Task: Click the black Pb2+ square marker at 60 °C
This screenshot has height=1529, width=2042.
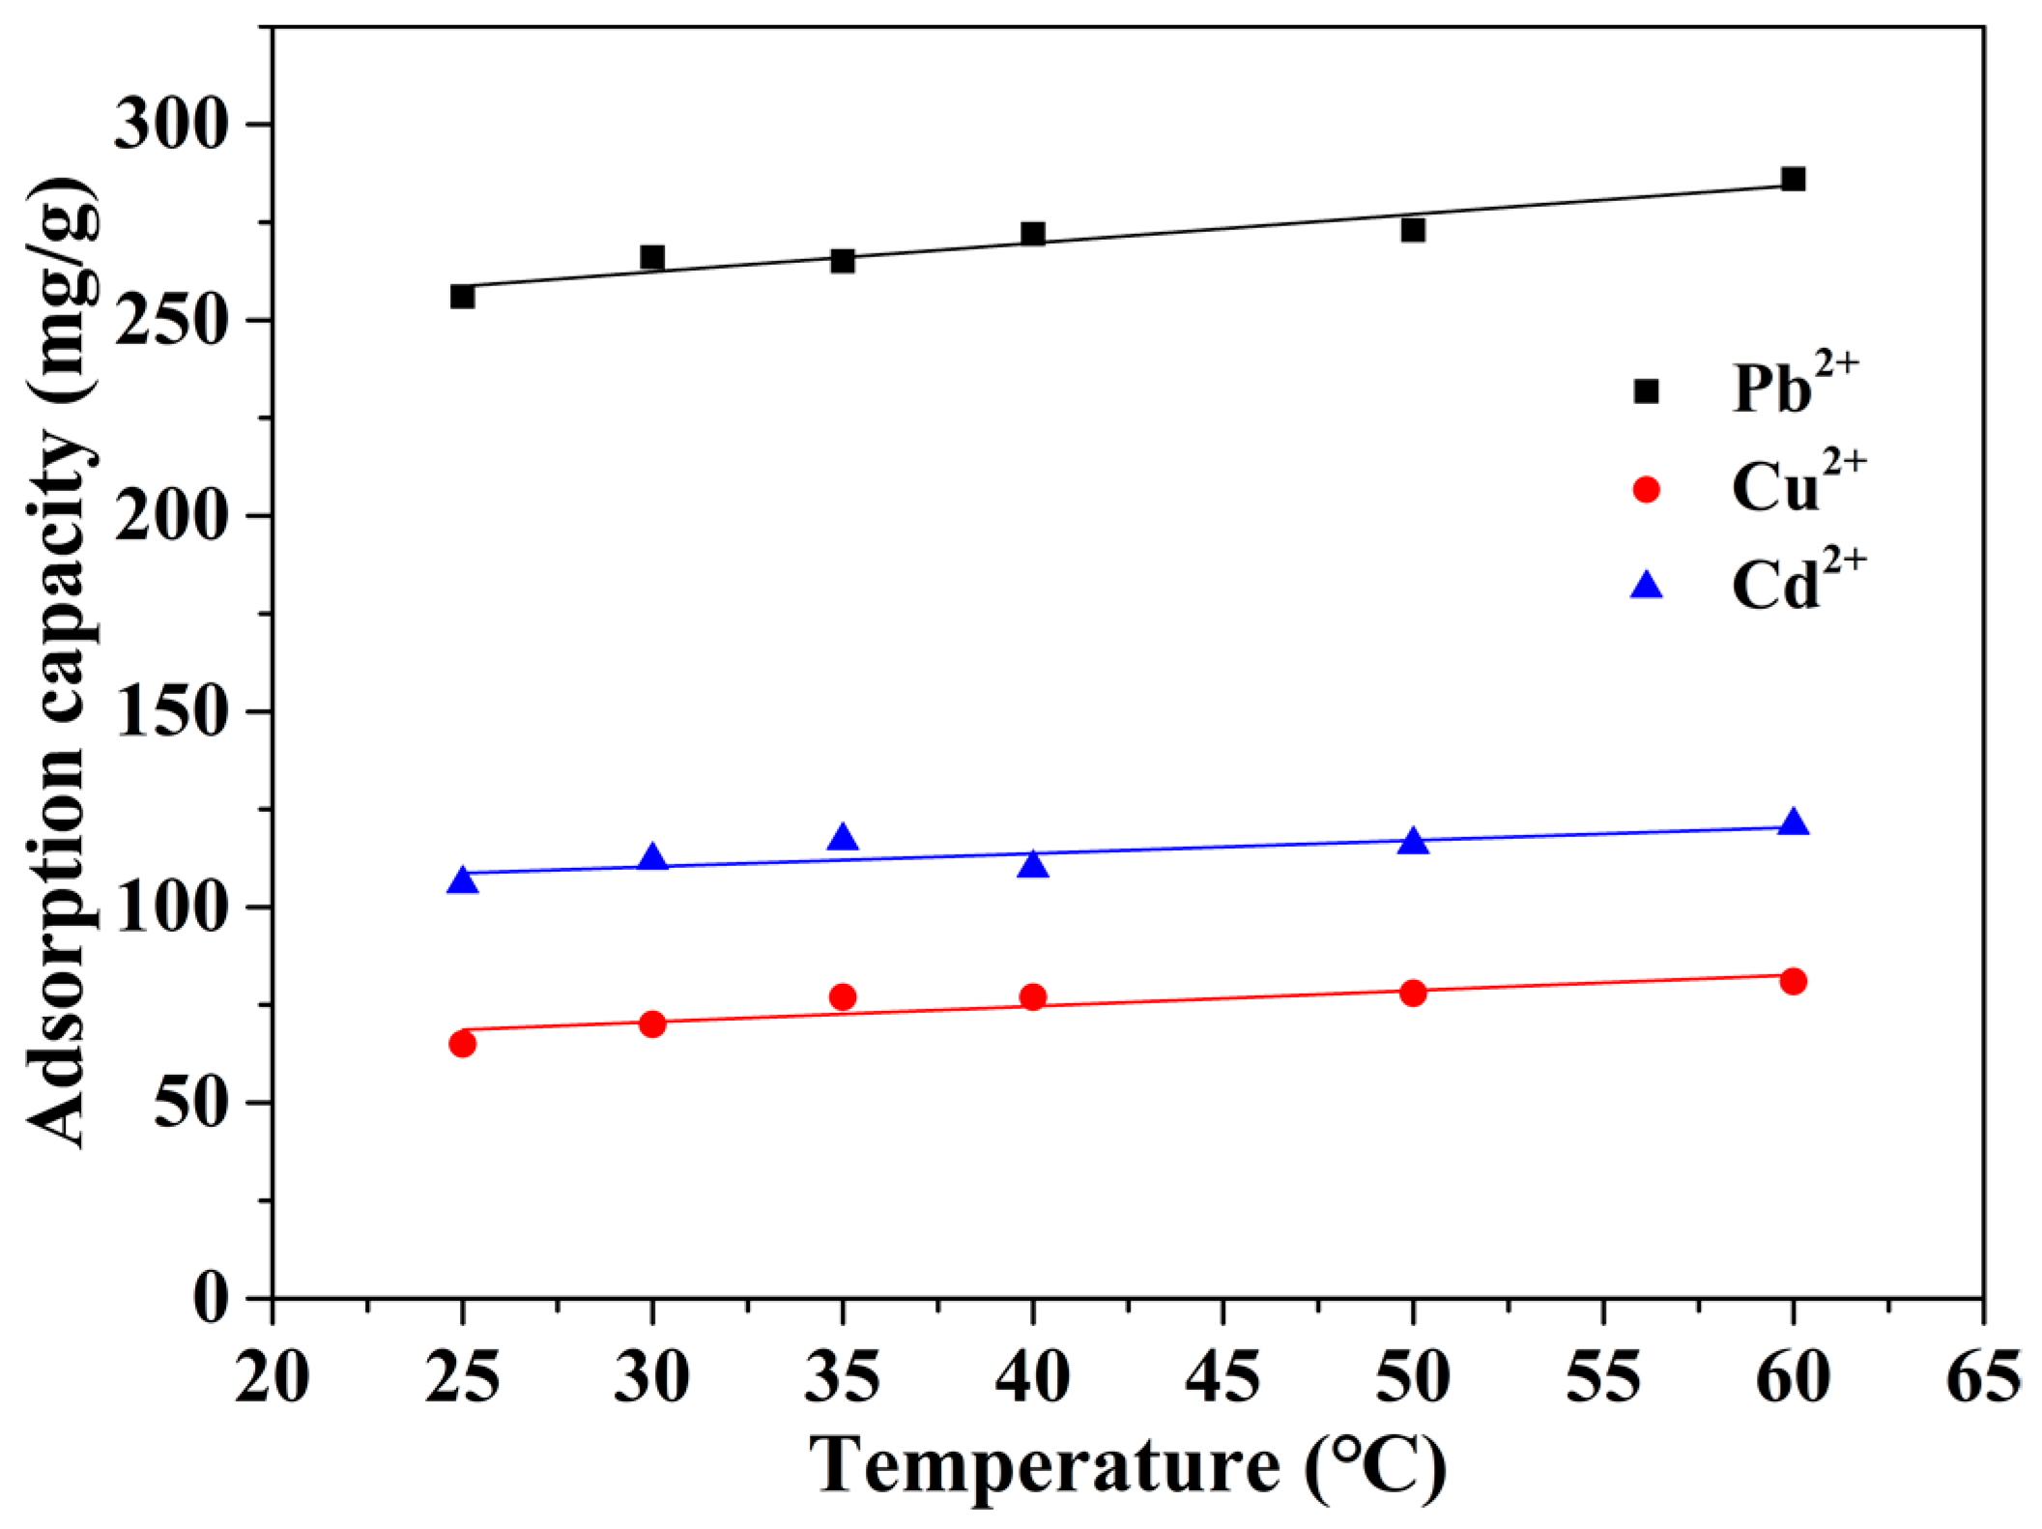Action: tap(1793, 180)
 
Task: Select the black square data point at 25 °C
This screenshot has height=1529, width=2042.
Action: tap(462, 296)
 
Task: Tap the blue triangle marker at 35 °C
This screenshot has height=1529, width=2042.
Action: tap(843, 838)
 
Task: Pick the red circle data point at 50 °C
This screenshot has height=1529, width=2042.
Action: tap(1413, 993)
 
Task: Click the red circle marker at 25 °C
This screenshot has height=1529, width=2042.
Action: tap(462, 1044)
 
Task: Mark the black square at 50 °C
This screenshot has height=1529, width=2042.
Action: tap(1413, 230)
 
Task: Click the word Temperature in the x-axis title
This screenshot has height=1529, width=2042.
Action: tap(1044, 1467)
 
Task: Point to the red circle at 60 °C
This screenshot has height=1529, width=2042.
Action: tap(1793, 982)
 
